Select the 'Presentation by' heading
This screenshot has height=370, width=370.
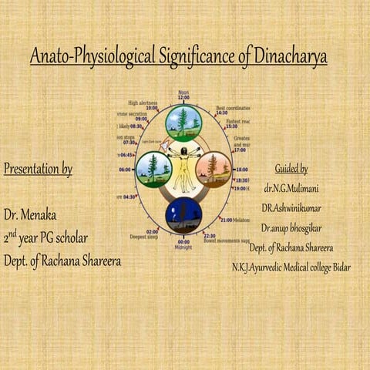click(38, 170)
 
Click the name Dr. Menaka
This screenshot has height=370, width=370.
click(30, 214)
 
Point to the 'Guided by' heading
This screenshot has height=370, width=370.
click(291, 169)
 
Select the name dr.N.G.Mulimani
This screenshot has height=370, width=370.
click(291, 188)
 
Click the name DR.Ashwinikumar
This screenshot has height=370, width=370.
click(291, 208)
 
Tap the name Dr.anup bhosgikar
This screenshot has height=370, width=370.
click(291, 228)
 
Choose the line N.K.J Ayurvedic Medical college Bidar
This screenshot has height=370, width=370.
click(291, 267)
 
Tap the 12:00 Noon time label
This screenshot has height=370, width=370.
click(183, 96)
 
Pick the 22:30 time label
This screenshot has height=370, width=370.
click(209, 236)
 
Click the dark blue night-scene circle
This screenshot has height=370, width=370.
click(183, 215)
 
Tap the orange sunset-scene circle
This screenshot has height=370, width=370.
click(214, 169)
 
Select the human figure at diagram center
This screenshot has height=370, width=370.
click(183, 168)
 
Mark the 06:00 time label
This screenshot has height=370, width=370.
click(125, 170)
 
